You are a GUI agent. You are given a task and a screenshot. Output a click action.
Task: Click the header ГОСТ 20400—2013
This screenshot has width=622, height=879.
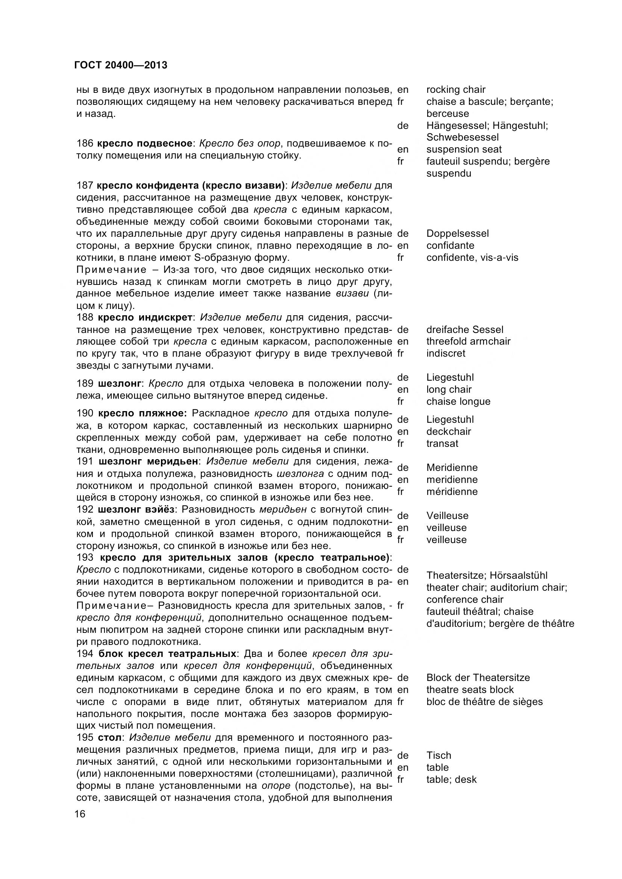tap(121, 65)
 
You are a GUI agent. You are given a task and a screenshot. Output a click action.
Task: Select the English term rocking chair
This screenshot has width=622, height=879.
tap(455, 89)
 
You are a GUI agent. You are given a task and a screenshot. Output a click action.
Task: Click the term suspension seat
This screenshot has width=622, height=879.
tap(464, 149)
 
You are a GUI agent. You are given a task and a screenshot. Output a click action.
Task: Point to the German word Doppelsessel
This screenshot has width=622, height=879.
tap(457, 233)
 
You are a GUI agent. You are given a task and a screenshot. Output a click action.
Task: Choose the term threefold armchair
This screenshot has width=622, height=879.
tap(468, 341)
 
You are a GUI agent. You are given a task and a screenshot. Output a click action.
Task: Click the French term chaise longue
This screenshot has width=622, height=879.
tap(458, 401)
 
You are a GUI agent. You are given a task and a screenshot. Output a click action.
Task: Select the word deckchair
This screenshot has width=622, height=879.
tap(449, 431)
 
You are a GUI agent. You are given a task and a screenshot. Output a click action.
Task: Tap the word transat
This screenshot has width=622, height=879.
tap(442, 443)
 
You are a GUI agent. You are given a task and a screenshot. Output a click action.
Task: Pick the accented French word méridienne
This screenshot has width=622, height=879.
tap(452, 492)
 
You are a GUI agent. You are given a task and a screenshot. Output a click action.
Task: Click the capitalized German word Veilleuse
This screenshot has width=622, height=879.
tap(447, 516)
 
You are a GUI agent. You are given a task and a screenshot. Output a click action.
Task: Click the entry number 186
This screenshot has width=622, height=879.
tap(85, 144)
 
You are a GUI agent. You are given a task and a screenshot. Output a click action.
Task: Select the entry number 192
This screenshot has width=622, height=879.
tap(85, 510)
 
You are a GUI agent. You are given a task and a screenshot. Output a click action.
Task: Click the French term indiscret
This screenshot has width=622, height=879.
tap(445, 353)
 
